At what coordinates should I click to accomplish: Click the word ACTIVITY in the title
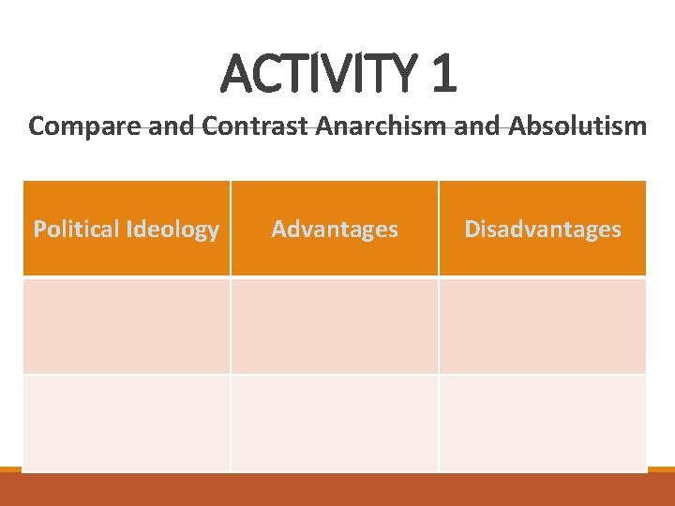point(320,75)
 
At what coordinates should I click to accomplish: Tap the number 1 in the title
point(443,75)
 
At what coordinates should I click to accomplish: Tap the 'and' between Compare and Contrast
point(172,126)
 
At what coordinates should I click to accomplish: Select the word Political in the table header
point(77,230)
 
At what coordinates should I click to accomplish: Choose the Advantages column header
point(335,230)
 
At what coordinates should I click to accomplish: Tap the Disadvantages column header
point(543,230)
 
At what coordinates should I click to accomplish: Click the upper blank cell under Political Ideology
point(127,326)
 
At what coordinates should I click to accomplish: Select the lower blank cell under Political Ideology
point(127,422)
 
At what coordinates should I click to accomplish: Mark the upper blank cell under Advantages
point(335,326)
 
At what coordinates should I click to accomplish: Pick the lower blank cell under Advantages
point(335,422)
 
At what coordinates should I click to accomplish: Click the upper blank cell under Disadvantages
point(543,326)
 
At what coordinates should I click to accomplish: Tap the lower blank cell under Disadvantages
point(543,422)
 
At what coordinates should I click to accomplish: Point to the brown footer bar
point(337,490)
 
